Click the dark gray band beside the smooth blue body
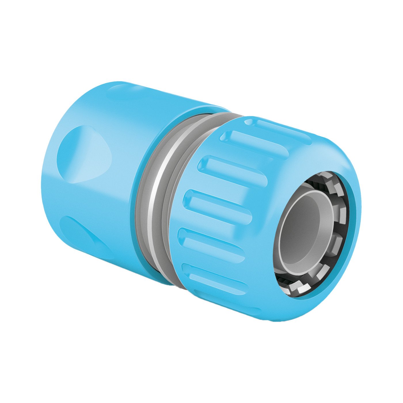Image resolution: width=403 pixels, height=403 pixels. click(x=144, y=199)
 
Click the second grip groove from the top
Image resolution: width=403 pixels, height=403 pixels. click(x=253, y=144)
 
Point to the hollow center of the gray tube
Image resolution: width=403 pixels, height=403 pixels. click(x=302, y=230)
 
